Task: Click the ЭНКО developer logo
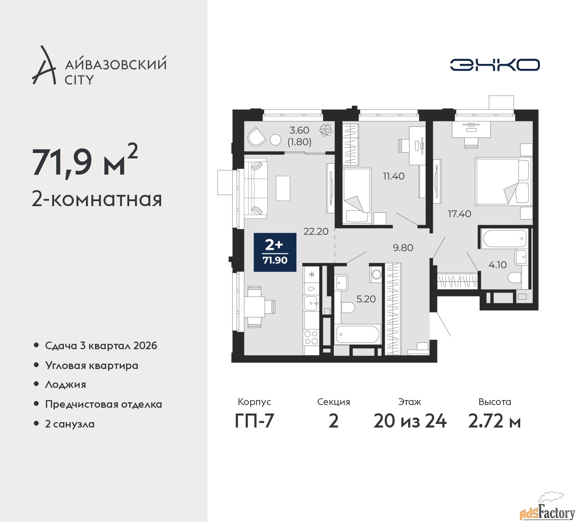[495, 65]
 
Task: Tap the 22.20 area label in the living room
[316, 231]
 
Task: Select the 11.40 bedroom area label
[394, 176]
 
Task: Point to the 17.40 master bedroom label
[459, 214]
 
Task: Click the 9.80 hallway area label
[403, 247]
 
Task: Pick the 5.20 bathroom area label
[366, 299]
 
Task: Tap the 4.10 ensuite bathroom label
[498, 265]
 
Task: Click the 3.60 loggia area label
[299, 130]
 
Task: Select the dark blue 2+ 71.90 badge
[275, 252]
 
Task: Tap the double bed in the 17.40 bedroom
[502, 181]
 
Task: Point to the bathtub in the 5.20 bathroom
[357, 334]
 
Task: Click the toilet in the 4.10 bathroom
[515, 278]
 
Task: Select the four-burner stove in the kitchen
[311, 337]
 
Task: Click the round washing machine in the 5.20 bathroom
[376, 274]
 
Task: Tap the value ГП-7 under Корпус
[254, 421]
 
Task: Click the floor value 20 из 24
[410, 421]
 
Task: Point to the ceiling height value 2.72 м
[495, 421]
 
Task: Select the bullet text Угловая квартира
[92, 366]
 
